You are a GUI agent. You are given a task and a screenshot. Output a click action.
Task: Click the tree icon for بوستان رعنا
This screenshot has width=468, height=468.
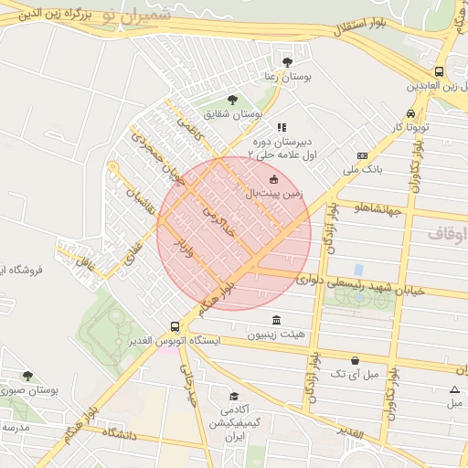[x=288, y=62]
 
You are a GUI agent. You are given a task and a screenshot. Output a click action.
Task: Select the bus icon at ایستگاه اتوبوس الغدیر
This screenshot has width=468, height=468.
[x=175, y=326]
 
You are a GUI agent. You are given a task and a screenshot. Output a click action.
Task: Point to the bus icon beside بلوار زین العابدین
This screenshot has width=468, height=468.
[x=439, y=71]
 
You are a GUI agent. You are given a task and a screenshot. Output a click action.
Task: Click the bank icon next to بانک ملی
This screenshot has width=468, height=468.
[x=363, y=155]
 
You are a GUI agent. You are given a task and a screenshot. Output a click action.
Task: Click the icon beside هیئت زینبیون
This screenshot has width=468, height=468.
[x=276, y=319]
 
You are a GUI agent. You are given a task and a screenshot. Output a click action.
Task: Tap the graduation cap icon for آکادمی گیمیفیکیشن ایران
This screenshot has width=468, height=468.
[x=235, y=396]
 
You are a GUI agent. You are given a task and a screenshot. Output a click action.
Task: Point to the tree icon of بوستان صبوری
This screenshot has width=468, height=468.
[x=27, y=375]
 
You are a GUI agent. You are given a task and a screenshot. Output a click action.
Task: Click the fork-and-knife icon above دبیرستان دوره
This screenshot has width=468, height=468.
[x=282, y=127]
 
